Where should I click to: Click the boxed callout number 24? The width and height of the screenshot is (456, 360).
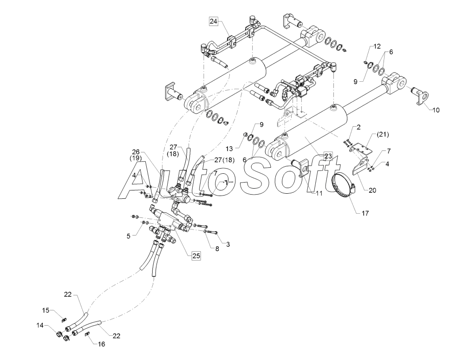tap(214, 21)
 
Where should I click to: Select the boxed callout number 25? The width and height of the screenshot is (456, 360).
tap(196, 256)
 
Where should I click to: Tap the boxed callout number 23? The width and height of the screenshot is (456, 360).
tap(328, 156)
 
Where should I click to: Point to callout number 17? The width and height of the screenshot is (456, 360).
tap(365, 213)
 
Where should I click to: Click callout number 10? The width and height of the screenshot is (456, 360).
tap(436, 110)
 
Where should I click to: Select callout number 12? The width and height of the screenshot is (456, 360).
tap(377, 46)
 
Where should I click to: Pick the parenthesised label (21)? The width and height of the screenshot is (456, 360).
tap(383, 134)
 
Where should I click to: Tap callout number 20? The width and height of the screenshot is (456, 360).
tap(372, 190)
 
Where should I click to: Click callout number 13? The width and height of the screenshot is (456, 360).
tap(229, 149)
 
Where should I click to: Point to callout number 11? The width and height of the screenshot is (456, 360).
tap(319, 193)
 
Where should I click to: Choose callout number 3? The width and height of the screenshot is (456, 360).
tap(228, 244)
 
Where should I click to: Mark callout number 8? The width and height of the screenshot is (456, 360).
tap(217, 249)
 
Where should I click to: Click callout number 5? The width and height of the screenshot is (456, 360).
tap(128, 236)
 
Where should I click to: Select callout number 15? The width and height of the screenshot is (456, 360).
tap(46, 310)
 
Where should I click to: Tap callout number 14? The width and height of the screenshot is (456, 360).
tap(40, 325)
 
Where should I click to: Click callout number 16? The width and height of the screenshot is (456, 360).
tap(101, 344)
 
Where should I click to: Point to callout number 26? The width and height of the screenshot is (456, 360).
tap(136, 151)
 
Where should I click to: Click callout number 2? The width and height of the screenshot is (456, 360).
tap(358, 127)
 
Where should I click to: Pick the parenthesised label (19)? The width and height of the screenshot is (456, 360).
tap(136, 158)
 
